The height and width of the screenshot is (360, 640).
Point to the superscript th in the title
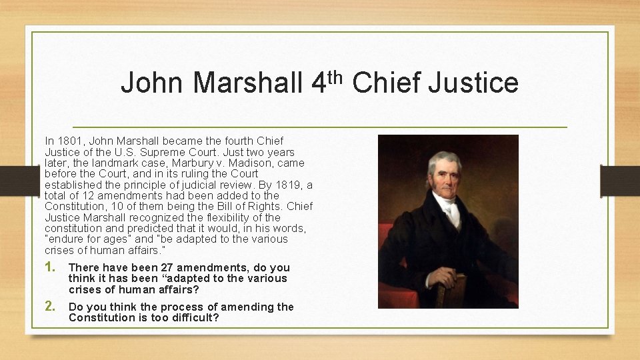pos(335,75)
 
